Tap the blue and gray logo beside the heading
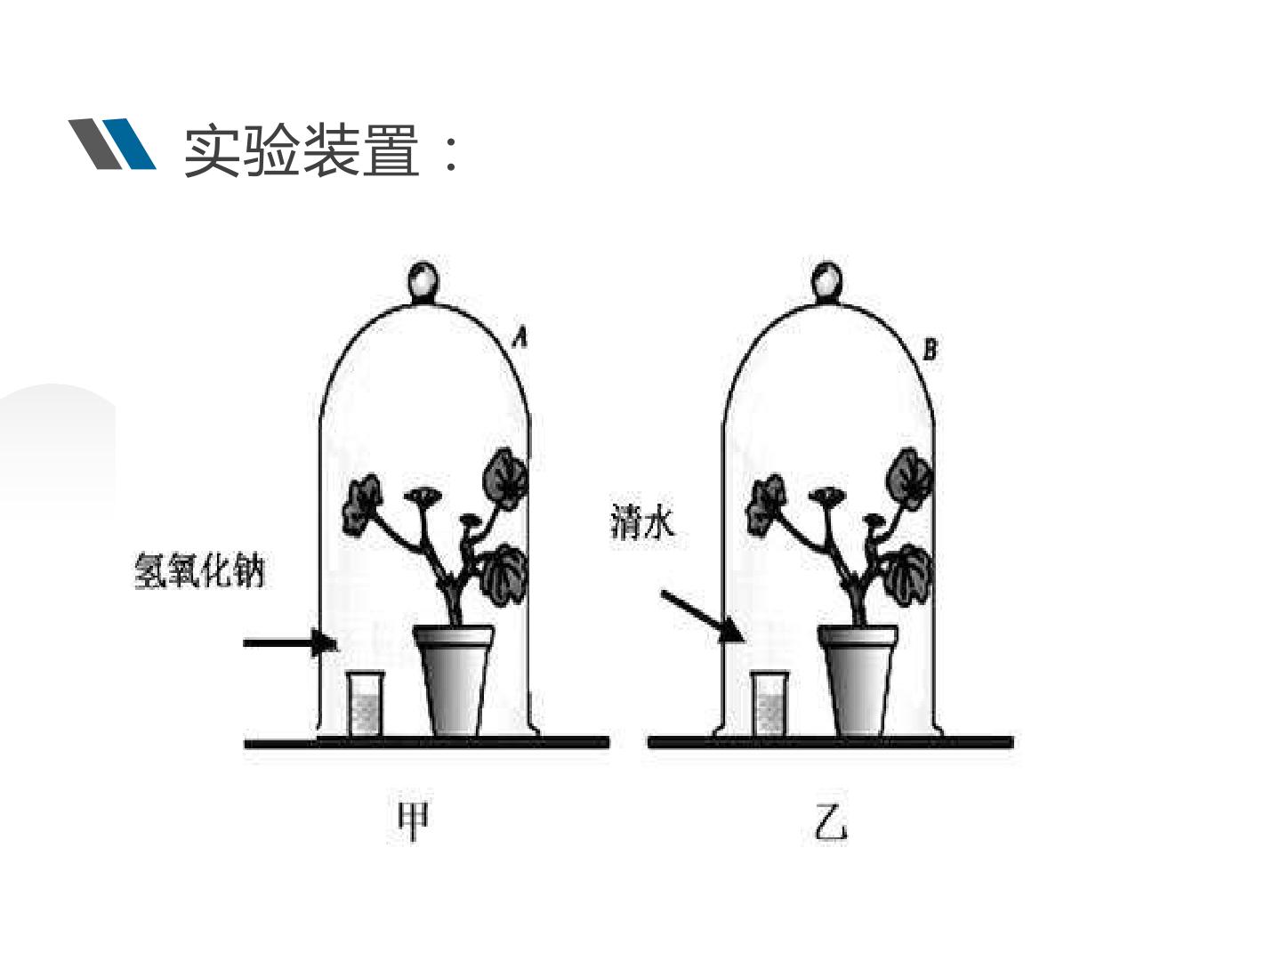(112, 143)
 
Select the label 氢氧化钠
(199, 570)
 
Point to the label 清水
(642, 521)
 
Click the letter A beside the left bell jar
(521, 337)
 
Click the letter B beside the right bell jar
(930, 350)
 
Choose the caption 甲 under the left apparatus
(413, 822)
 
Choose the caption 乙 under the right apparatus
(830, 823)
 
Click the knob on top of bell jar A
(423, 281)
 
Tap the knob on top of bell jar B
(827, 282)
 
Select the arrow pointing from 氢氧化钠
(290, 642)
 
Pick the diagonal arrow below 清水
(701, 615)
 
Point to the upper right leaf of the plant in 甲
(504, 479)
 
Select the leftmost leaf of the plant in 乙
(766, 505)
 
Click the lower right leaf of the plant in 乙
(907, 574)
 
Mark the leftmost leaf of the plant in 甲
(361, 505)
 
